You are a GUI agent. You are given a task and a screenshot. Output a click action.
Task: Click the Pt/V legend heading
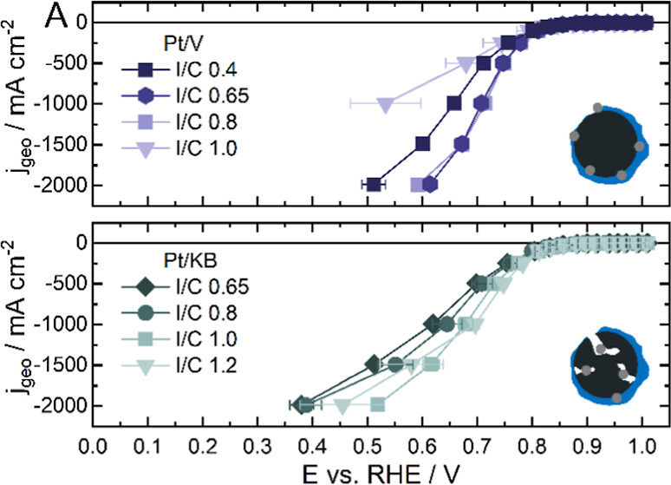point(161,41)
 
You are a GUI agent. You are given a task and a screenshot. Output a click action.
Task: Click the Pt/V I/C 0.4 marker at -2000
point(375,184)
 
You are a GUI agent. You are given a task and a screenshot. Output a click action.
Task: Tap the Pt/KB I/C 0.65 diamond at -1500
point(374,364)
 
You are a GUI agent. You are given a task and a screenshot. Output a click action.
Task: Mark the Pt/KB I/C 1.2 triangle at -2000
point(343,405)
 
